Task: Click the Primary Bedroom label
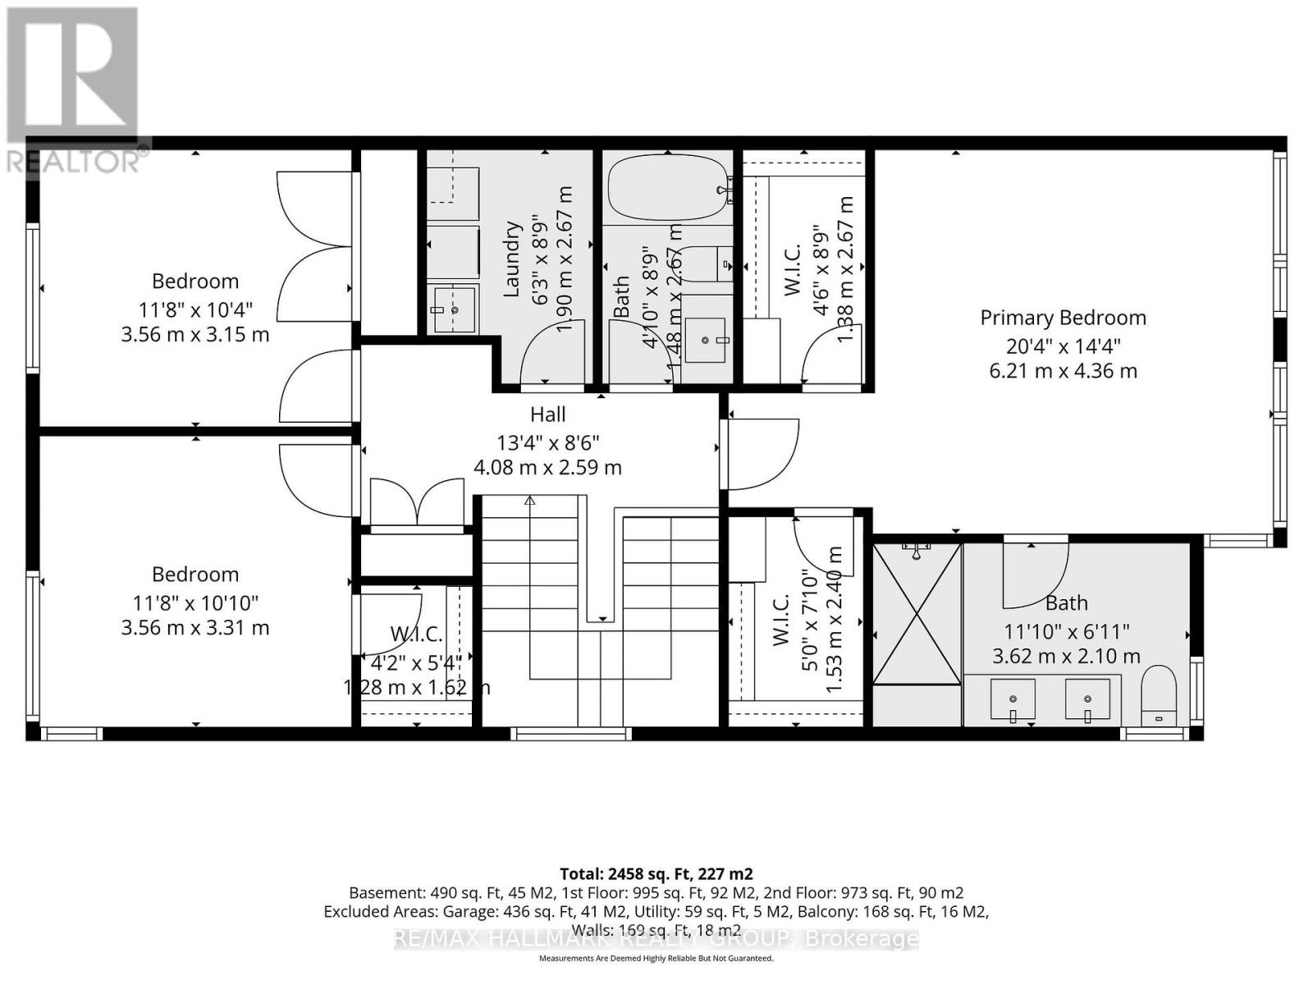1063,318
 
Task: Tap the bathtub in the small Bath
667,187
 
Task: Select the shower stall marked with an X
917,613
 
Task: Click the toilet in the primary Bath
1158,694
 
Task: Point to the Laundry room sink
454,309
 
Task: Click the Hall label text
547,415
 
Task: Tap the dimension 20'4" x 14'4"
1063,345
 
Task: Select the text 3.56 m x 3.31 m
194,628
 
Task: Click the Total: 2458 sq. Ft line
656,873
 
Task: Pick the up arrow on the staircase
530,501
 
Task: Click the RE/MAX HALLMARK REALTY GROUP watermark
656,939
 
